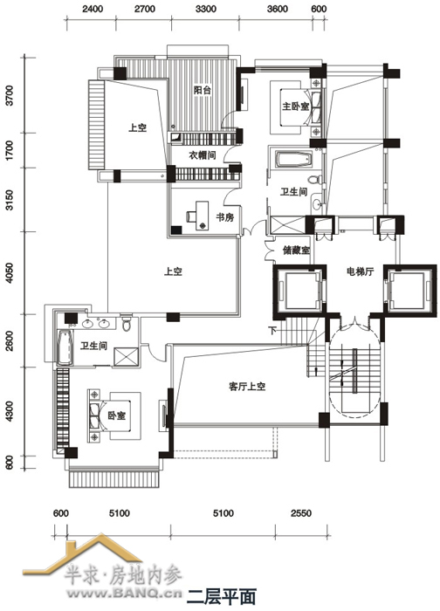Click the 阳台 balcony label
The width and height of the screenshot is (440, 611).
203,90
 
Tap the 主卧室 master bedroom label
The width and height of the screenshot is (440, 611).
295,106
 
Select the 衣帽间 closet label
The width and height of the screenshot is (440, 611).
203,155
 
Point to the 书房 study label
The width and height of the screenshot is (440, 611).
225,217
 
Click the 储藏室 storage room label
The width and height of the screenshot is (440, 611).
296,251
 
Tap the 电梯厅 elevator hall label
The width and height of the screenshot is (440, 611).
360,271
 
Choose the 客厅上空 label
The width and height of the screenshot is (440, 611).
247,387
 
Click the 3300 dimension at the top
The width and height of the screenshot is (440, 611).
205,9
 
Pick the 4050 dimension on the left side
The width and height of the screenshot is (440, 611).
10,272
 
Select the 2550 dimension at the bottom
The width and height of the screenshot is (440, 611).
301,513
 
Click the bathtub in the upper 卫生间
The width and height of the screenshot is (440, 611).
293,160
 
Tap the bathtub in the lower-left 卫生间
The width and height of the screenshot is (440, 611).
65,347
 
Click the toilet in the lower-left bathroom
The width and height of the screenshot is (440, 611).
127,322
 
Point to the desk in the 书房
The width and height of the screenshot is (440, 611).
202,216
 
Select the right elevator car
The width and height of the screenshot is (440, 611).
408,289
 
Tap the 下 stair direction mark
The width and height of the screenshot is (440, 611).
272,331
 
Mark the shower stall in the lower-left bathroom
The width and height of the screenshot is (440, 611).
126,357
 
